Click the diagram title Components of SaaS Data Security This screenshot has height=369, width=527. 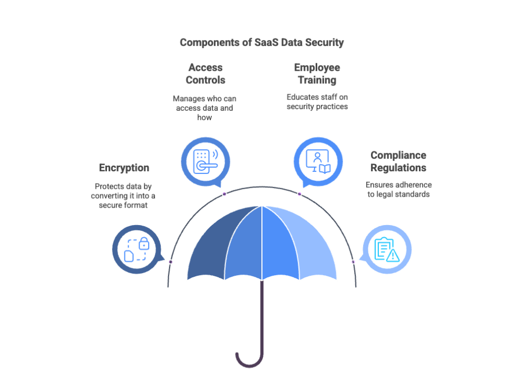click(x=261, y=43)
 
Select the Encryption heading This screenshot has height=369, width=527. click(x=124, y=168)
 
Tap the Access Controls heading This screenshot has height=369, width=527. click(x=205, y=74)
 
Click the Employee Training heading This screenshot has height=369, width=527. click(x=317, y=74)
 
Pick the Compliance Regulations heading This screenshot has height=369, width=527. click(x=398, y=161)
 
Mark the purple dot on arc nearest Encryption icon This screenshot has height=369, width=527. click(x=170, y=262)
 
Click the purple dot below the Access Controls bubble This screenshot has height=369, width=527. click(x=225, y=194)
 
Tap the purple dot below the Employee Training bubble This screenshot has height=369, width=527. click(x=299, y=194)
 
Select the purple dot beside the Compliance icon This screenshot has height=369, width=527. click(x=353, y=262)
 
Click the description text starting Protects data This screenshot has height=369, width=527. click(x=125, y=196)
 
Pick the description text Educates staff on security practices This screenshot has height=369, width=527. click(x=317, y=102)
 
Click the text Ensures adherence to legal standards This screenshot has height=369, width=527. click(x=398, y=189)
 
